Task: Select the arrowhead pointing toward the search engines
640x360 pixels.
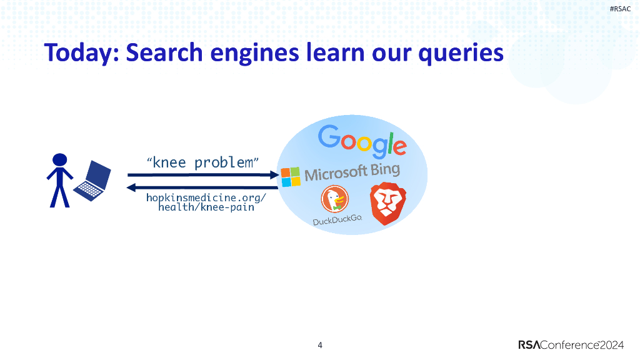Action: (274, 175)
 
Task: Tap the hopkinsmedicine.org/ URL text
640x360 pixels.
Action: (206, 197)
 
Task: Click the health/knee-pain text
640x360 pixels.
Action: (206, 207)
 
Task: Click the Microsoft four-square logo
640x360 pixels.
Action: (290, 177)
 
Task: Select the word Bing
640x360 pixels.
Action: (384, 171)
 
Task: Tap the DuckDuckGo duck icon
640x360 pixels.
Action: (335, 201)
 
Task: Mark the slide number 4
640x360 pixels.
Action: (320, 346)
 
